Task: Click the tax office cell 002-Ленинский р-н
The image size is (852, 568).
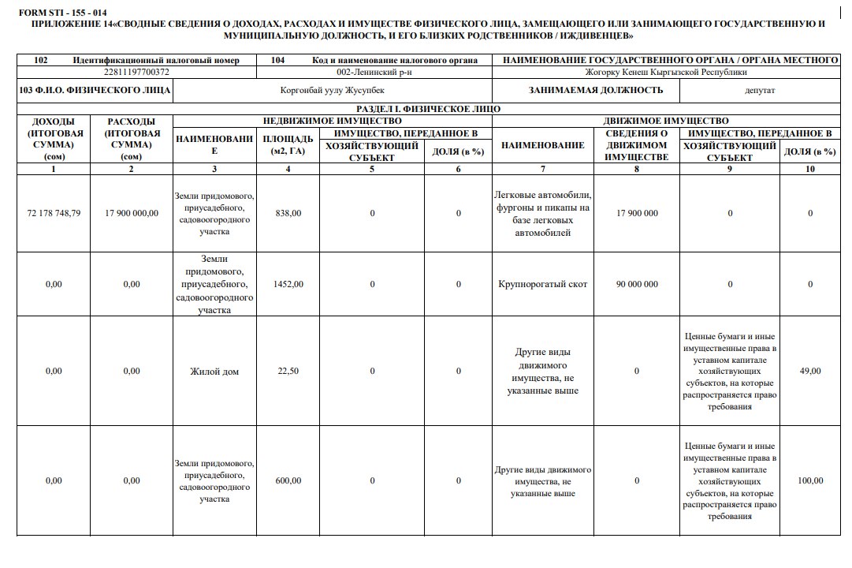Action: (x=374, y=73)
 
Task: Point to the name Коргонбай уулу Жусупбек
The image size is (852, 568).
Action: (x=333, y=91)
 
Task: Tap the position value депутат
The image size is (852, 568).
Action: (x=760, y=91)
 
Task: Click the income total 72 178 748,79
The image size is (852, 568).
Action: (x=54, y=213)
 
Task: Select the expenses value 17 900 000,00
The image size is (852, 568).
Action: (x=132, y=213)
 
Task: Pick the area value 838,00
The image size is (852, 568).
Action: (x=288, y=213)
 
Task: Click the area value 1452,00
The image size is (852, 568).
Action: (x=288, y=284)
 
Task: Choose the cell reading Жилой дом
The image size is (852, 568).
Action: (x=214, y=372)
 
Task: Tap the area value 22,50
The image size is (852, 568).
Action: (x=288, y=372)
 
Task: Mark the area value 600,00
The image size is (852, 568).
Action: (x=288, y=480)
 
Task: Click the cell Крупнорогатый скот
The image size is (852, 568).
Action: (x=543, y=284)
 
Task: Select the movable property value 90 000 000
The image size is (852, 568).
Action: (x=637, y=284)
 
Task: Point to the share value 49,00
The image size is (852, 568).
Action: (x=810, y=372)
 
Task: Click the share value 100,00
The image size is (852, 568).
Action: (x=810, y=480)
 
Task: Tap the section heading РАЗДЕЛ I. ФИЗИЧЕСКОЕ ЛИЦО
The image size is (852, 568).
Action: (x=428, y=110)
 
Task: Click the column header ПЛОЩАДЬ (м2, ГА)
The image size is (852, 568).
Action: (x=288, y=145)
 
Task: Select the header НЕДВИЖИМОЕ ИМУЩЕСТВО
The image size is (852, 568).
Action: (x=332, y=121)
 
